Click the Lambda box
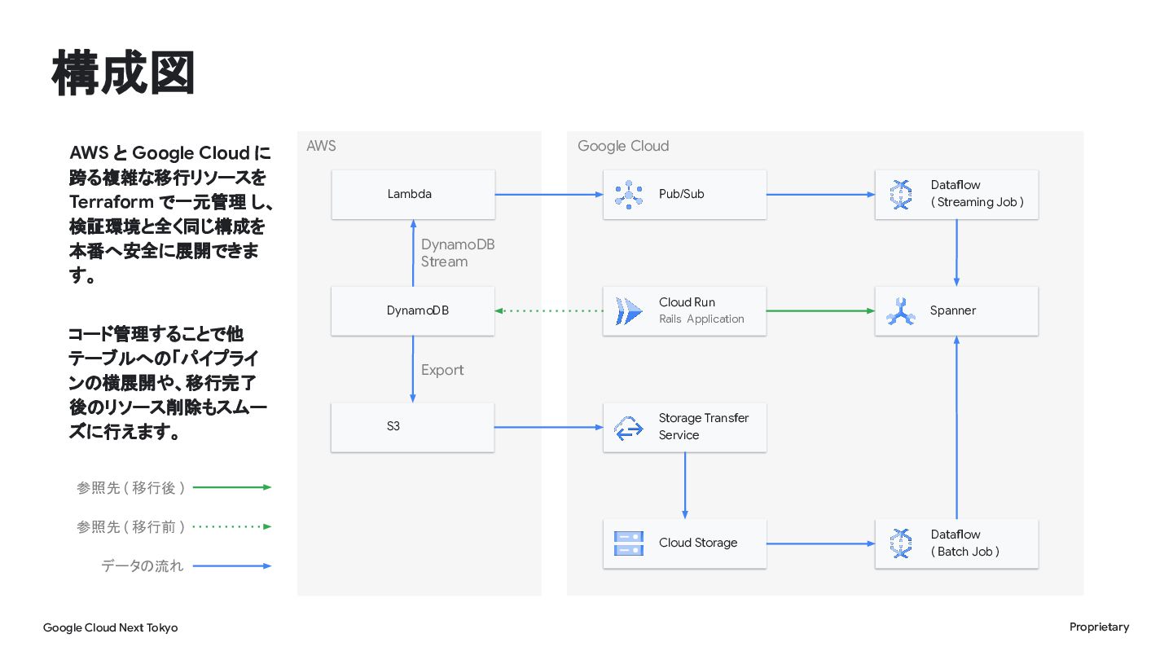[x=413, y=194]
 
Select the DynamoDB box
[x=413, y=310]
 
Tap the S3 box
[x=413, y=427]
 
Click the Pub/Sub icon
[x=628, y=195]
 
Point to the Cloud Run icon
[x=628, y=311]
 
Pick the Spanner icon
[x=901, y=311]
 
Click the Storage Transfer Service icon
[x=628, y=428]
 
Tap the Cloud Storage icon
[x=628, y=543]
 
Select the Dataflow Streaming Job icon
[x=901, y=195]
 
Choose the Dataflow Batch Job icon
[x=901, y=543]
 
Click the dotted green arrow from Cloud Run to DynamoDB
[x=549, y=310]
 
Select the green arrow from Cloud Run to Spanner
[x=820, y=310]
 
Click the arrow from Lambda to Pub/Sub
[x=549, y=194]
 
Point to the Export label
[x=442, y=370]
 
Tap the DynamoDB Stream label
[x=458, y=253]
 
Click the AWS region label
[x=321, y=146]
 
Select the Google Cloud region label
[x=623, y=146]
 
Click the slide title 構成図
[x=123, y=73]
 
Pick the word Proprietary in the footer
[x=1099, y=627]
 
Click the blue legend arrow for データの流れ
[x=232, y=565]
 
